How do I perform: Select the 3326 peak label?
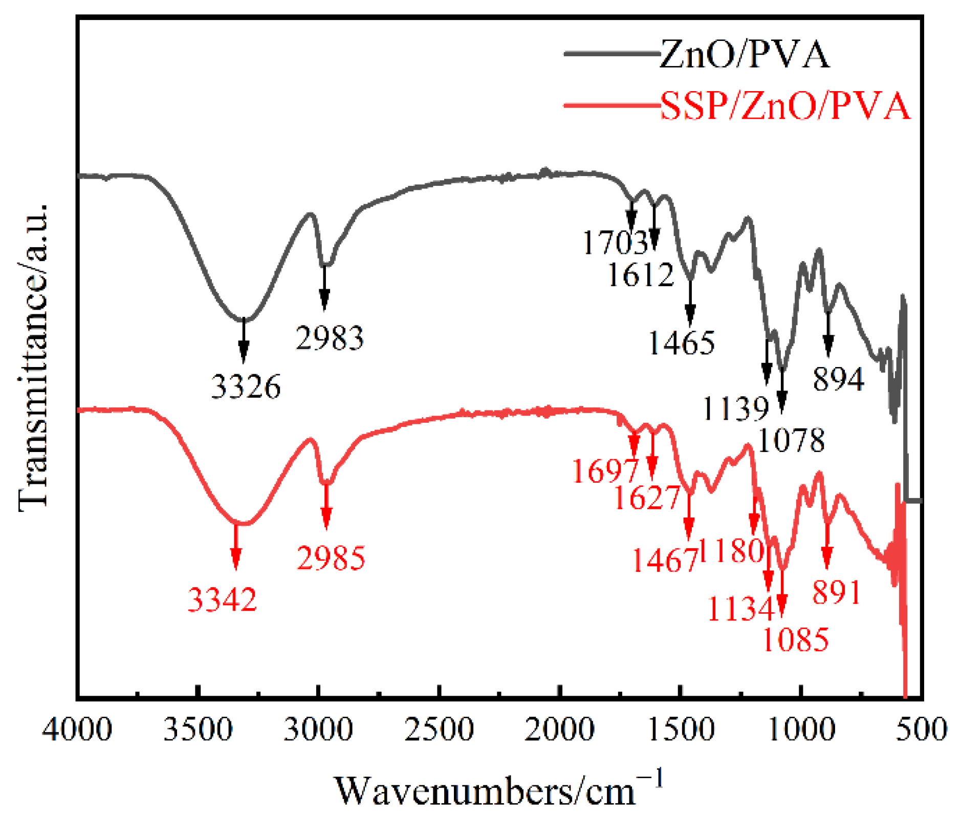coord(246,386)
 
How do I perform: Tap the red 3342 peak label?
coord(222,599)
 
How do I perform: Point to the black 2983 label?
coord(330,338)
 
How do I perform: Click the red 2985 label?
coord(331,558)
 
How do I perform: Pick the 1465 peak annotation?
coord(681,343)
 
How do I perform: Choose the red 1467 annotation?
coord(665,561)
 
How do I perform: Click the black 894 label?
coord(838,380)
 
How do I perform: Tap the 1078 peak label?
coord(791,440)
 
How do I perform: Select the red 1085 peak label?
coord(795,639)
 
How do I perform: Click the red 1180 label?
coord(731,551)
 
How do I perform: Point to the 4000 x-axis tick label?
coord(77,729)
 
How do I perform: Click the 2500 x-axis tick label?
coord(439,729)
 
